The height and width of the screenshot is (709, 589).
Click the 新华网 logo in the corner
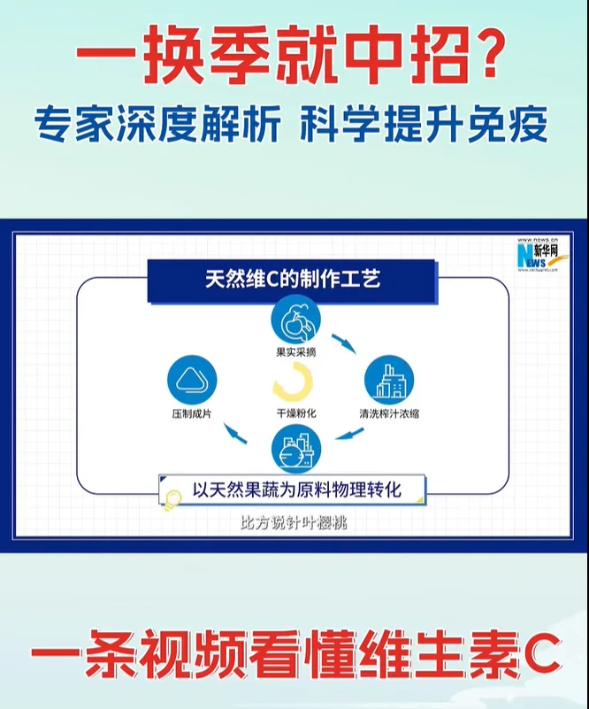pyautogui.click(x=536, y=258)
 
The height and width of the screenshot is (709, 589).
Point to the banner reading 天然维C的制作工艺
pyautogui.click(x=293, y=281)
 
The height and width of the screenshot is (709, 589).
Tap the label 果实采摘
pyautogui.click(x=295, y=352)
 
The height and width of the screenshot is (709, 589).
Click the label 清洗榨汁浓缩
pyautogui.click(x=389, y=413)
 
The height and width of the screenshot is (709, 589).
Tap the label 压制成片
pyautogui.click(x=191, y=413)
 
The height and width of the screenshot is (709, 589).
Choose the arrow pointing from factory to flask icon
pyautogui.click(x=348, y=434)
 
